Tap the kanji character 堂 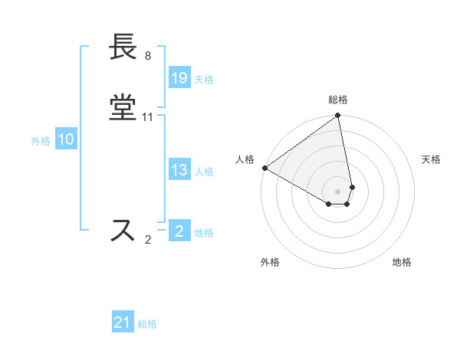point(123,109)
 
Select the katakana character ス point(123,231)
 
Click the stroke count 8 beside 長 point(147,56)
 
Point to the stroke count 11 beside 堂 point(148,117)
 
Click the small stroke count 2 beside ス point(148,240)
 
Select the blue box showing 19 point(179,78)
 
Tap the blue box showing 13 point(179,170)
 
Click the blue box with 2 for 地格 point(179,231)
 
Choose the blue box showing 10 point(66,139)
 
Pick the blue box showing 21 point(123,323)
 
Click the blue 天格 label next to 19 point(204,80)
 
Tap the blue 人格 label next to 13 point(204,172)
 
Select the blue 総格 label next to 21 point(147,325)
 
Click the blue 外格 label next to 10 point(41,141)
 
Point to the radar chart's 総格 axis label point(338,100)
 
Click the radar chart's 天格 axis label point(431,159)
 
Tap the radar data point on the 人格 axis point(264,168)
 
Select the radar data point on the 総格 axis point(338,116)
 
